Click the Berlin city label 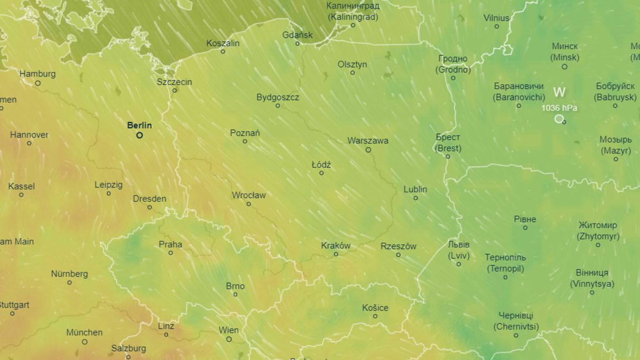coord(139,125)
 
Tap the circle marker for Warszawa coord(368,150)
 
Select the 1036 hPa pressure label coord(559,108)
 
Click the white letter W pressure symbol coord(559,92)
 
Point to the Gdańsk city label coord(298,35)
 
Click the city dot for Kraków coord(336,254)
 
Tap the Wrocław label coord(249,195)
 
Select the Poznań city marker coord(245,141)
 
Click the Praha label coord(171,244)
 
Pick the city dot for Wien coord(229,339)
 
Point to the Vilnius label coord(497,18)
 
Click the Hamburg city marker coord(38,83)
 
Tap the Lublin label coord(415,189)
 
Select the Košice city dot coord(375,316)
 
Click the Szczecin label coord(174,82)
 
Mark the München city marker coord(84,341)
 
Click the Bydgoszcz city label coord(278,98)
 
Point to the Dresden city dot coord(149,207)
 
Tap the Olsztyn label coord(353,64)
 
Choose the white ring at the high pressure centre coord(559,118)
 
